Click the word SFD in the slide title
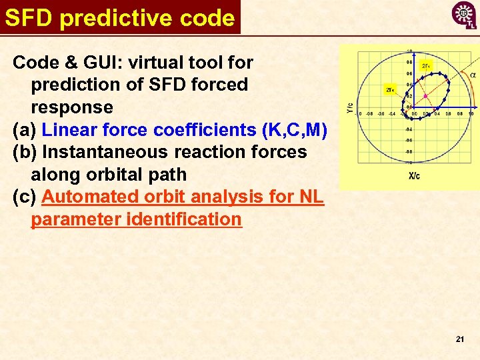click(29, 18)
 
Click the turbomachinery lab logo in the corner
click(464, 15)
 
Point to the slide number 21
click(459, 339)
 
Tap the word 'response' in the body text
click(71, 107)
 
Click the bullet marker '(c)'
click(25, 197)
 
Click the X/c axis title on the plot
click(414, 176)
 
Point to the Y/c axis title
click(349, 107)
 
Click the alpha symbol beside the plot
click(473, 75)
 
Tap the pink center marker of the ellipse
click(424, 97)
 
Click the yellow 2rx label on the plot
click(390, 89)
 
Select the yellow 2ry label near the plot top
click(426, 65)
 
